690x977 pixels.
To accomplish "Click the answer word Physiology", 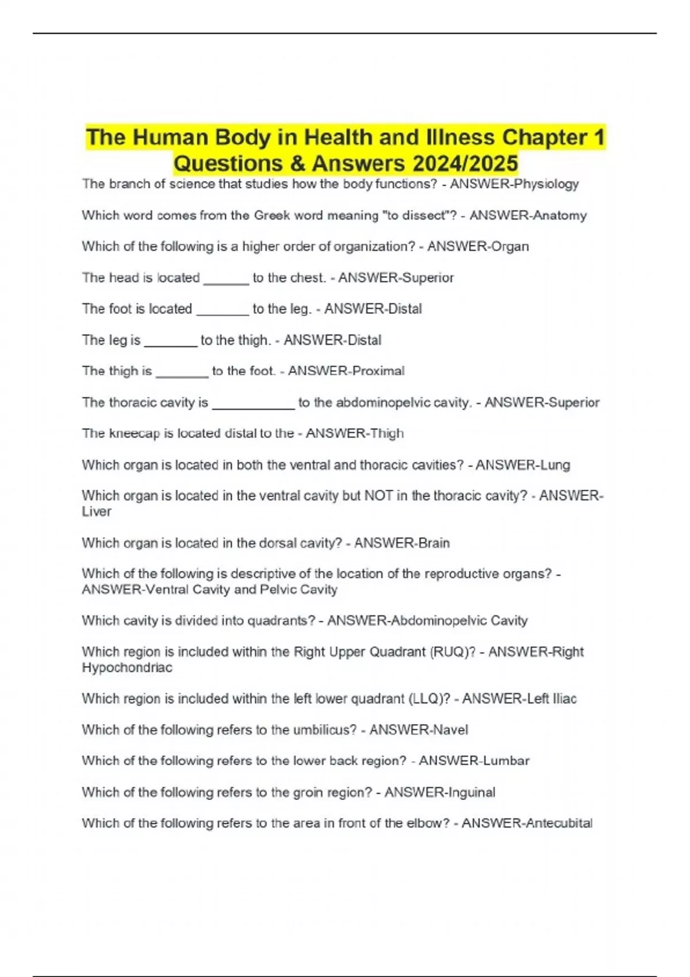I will tap(546, 184).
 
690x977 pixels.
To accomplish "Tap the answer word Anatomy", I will tap(559, 216).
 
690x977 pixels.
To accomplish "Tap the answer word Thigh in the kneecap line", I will tap(387, 433).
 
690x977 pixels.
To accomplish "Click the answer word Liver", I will tap(97, 511).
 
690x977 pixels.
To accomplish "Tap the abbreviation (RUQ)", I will tap(453, 652).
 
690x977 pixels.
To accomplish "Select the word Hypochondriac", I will tap(127, 668).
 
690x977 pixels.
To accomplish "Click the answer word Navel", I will tap(450, 730).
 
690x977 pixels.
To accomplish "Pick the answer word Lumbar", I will tap(506, 761).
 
